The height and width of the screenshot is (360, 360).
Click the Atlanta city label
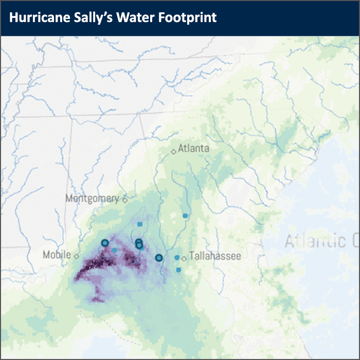click(x=193, y=148)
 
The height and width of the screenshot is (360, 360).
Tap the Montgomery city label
click(x=93, y=199)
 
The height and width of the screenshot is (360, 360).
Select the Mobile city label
click(x=57, y=255)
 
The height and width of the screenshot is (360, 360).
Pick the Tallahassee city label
click(x=214, y=256)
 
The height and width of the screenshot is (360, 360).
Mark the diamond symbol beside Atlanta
click(x=174, y=151)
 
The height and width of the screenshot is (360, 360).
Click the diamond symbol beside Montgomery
click(x=124, y=199)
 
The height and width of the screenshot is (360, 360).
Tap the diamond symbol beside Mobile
click(x=76, y=256)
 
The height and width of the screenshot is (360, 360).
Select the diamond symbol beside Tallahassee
click(x=184, y=258)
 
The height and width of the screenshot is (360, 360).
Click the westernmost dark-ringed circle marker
click(x=105, y=243)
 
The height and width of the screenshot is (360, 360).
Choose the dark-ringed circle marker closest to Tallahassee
click(x=159, y=258)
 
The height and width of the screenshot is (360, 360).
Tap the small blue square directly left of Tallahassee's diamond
click(x=177, y=257)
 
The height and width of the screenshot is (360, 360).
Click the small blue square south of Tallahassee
click(x=178, y=269)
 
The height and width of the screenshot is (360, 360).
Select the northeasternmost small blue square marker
click(x=185, y=215)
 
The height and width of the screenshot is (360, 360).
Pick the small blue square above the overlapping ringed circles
click(x=139, y=224)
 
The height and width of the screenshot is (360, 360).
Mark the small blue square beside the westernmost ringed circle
click(x=114, y=249)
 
